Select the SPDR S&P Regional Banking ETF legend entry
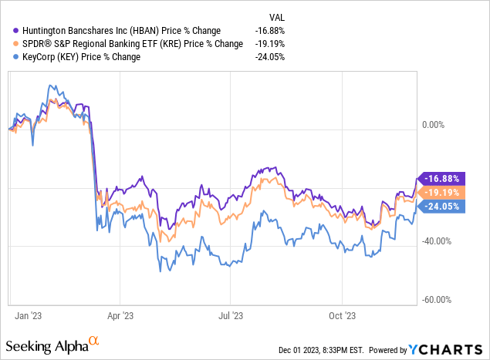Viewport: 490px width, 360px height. click(x=130, y=43)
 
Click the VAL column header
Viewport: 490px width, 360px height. click(x=275, y=15)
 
